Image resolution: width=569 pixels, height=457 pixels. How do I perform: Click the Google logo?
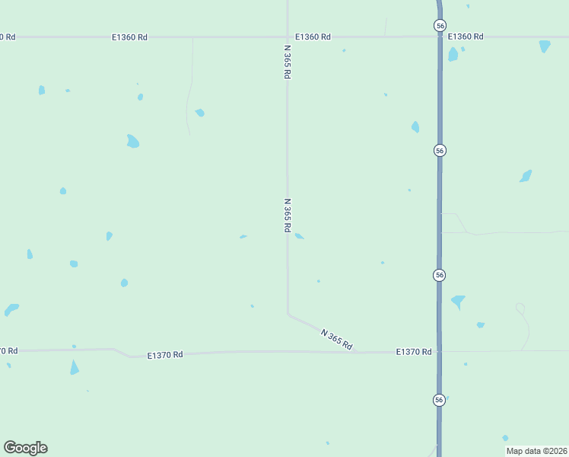click(26, 448)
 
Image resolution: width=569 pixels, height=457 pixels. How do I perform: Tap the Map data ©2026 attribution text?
click(536, 451)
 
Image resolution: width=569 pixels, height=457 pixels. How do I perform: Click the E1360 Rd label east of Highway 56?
click(466, 37)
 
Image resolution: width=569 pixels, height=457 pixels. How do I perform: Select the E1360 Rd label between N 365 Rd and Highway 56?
click(313, 37)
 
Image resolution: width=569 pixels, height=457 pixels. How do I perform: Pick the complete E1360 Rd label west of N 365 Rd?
click(129, 37)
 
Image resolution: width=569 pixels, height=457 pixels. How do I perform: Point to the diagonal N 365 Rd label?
click(337, 340)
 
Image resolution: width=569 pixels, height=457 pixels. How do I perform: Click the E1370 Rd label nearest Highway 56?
click(414, 352)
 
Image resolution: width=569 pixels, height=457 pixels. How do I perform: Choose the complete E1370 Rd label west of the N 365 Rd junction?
click(166, 355)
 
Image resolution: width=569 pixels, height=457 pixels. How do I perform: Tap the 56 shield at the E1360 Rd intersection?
click(440, 26)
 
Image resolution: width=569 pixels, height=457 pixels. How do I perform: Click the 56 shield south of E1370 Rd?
click(440, 400)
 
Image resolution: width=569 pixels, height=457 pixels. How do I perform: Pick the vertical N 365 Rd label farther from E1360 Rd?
click(288, 217)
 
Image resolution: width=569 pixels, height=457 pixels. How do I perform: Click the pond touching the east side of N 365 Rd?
click(300, 236)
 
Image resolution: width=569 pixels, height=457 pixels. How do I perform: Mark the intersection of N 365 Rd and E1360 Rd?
click(288, 37)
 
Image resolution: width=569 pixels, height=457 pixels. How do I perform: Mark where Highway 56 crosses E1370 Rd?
click(440, 352)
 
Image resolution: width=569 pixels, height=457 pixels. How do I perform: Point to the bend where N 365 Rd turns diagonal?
click(288, 313)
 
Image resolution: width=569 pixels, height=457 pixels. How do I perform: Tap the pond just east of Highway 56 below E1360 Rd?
click(453, 54)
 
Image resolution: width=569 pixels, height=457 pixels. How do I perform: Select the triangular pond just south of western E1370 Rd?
click(74, 368)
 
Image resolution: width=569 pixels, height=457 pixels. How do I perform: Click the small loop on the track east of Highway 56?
click(520, 308)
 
